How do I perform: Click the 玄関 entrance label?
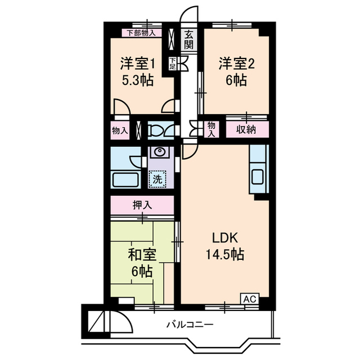[x=188, y=41]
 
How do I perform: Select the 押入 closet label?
[x=142, y=204]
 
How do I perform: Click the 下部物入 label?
[x=140, y=33]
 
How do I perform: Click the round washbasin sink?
[x=160, y=152]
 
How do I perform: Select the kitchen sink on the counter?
[x=259, y=176]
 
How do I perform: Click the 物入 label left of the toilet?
[x=120, y=130]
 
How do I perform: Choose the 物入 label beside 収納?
[x=211, y=129]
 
